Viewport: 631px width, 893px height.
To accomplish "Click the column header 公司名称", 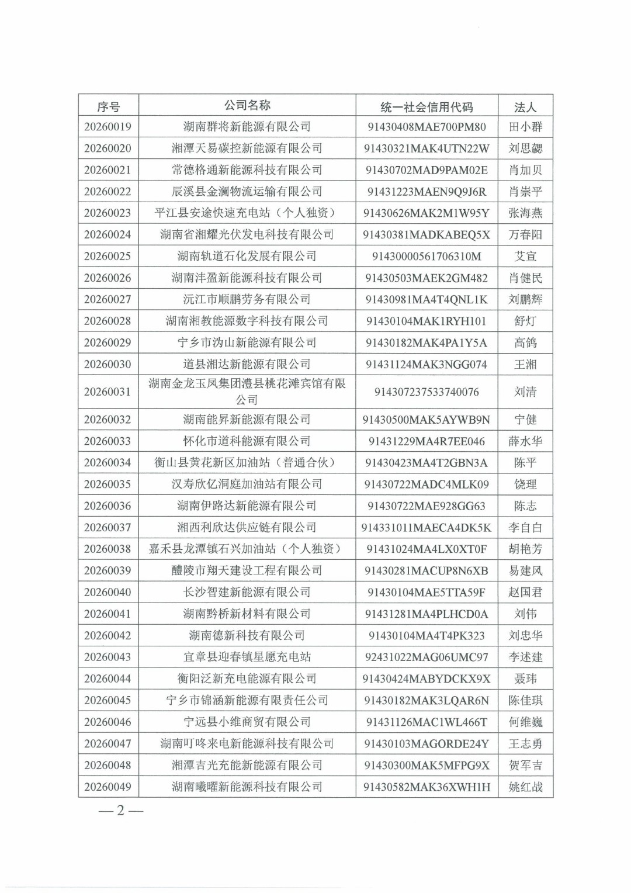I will coord(247,106).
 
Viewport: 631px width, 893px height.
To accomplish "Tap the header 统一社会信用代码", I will coord(427,107).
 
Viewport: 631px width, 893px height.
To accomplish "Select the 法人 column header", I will coord(525,107).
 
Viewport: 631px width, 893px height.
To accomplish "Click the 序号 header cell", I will coord(108,107).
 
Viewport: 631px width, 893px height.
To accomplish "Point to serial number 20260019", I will coord(108,127).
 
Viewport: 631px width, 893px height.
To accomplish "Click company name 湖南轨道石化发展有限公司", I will coord(247,256).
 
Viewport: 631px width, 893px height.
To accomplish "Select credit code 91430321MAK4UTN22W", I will coord(427,148).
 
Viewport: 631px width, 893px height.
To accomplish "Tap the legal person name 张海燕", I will coord(525,213).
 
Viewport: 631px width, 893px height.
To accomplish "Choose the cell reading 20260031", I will coord(108,392).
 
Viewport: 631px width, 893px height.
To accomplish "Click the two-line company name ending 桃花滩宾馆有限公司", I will coord(247,392).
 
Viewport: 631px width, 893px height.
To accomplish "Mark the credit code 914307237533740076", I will coord(427,392).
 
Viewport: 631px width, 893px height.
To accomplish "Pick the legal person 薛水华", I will coord(525,441).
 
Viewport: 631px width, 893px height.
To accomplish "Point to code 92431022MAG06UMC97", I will coord(427,657).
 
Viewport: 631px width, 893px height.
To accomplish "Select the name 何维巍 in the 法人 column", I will coord(525,722).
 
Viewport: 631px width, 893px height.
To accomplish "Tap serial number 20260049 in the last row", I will coord(108,787).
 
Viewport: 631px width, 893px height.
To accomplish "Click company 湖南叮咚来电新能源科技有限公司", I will coord(247,743).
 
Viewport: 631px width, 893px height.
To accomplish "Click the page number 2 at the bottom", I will coord(120,811).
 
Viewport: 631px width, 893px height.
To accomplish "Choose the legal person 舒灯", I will coord(525,321).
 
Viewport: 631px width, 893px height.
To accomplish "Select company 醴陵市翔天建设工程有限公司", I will coord(247,570).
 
